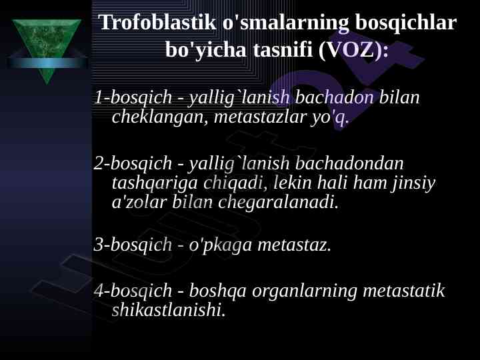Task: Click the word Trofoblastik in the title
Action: pyautogui.click(x=157, y=23)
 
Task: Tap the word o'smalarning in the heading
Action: pyautogui.click(x=285, y=23)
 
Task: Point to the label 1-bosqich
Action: pyautogui.click(x=133, y=97)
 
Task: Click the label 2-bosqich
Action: pyautogui.click(x=133, y=163)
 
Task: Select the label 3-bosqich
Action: pyautogui.click(x=133, y=245)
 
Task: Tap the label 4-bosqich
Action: pyautogui.click(x=133, y=291)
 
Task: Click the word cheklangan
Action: pyautogui.click(x=159, y=117)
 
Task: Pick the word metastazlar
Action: pyautogui.click(x=260, y=117)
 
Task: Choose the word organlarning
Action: pyautogui.click(x=305, y=291)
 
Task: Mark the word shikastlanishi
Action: pyautogui.click(x=169, y=309)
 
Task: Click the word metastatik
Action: pyautogui.click(x=404, y=291)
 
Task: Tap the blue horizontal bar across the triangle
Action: pyautogui.click(x=47, y=63)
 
